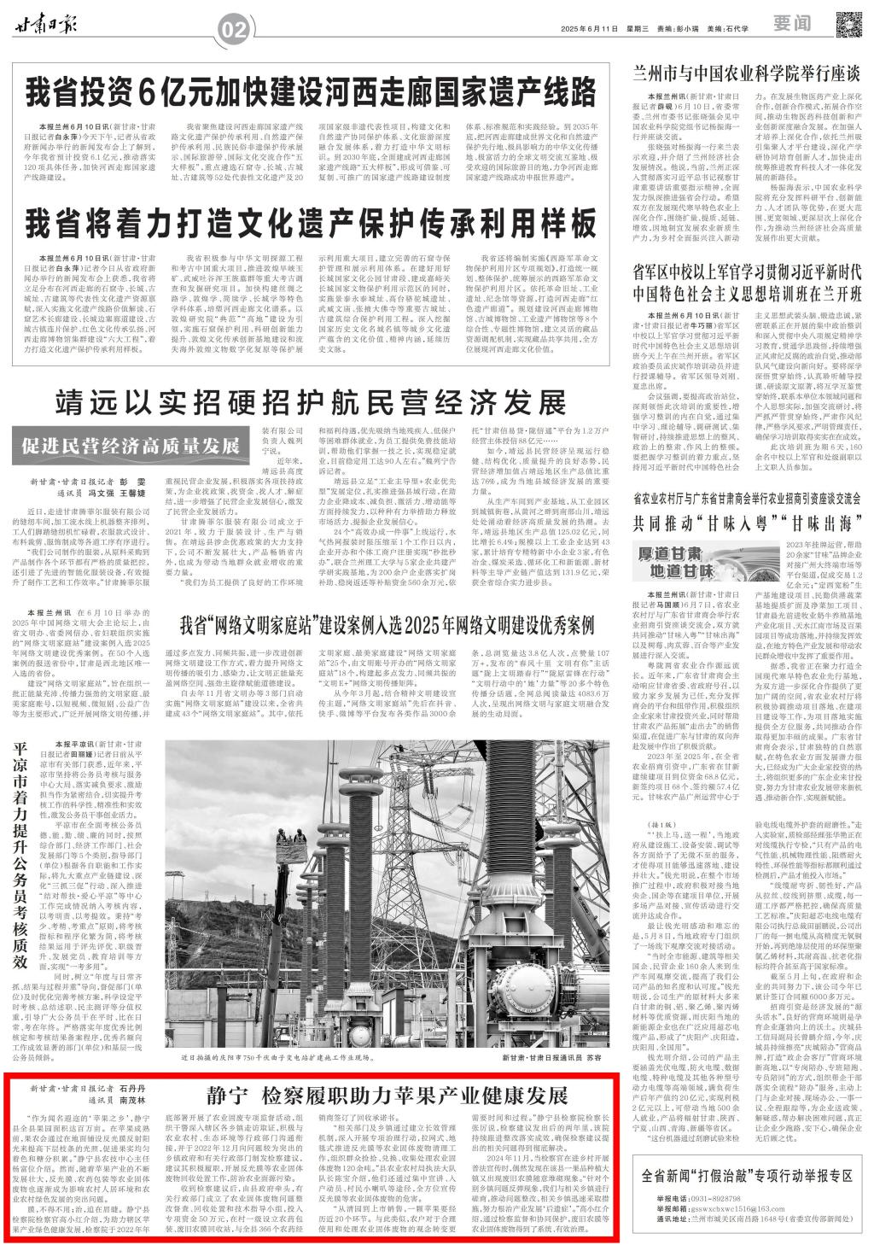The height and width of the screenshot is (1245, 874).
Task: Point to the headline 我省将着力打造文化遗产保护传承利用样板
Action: pos(310,225)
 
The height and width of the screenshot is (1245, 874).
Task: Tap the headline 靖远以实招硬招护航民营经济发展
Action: pos(311,402)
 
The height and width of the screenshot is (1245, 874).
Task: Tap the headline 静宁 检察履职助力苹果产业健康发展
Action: pos(386,1096)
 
